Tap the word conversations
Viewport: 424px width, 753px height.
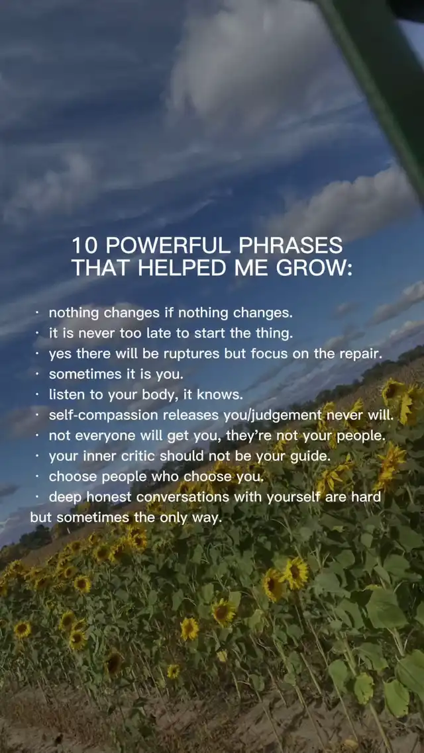tap(183, 497)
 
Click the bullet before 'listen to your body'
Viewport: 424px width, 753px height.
tap(37, 395)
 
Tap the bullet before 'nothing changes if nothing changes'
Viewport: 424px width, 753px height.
tap(37, 312)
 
